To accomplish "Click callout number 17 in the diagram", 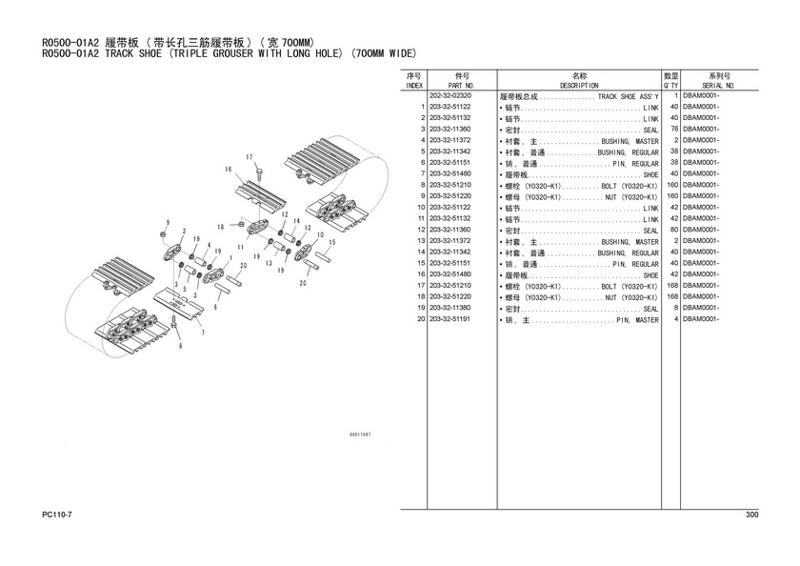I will coord(248,156).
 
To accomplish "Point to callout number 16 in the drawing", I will coord(229,170).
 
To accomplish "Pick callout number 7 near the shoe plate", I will coord(202,333).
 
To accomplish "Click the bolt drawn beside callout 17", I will coord(258,172).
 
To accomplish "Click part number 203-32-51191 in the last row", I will coord(450,320).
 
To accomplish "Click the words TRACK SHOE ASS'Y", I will coord(628,97).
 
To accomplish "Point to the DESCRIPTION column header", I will coord(578,85).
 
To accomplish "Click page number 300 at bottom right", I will coord(751,515).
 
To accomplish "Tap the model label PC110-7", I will coord(57,515).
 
